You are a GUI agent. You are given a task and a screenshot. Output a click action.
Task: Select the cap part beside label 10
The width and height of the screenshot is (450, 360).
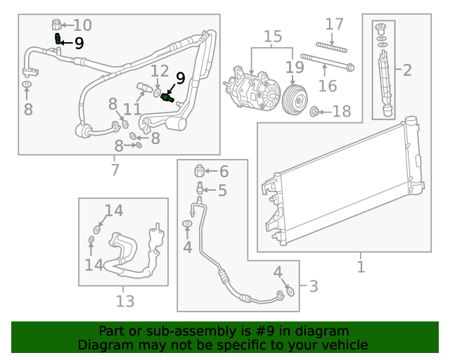[x=58, y=26]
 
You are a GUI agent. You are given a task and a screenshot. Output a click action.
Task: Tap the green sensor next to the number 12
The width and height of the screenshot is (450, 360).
[x=167, y=98]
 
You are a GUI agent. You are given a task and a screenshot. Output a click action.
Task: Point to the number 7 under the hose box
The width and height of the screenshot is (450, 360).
[x=115, y=169]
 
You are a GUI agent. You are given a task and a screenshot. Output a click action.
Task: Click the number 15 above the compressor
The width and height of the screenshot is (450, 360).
[x=272, y=36]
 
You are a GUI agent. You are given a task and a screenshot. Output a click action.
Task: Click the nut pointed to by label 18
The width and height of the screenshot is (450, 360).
[x=315, y=111]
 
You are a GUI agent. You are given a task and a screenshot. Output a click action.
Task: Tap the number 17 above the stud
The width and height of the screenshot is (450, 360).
[x=334, y=25]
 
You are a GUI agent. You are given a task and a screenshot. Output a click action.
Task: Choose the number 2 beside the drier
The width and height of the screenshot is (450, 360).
[x=407, y=69]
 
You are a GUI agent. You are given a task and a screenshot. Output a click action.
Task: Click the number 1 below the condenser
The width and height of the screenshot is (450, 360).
[x=361, y=267]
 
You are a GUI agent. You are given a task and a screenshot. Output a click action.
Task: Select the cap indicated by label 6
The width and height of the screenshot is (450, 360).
[x=200, y=171]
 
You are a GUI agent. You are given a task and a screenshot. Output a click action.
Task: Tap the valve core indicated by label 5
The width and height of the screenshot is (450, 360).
[x=200, y=189]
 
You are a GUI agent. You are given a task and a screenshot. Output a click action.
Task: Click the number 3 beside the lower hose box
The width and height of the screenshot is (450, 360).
[x=313, y=286]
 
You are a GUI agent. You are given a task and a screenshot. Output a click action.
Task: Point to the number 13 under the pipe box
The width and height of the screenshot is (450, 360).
[x=124, y=301]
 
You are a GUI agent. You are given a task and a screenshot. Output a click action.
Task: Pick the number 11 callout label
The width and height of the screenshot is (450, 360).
[x=132, y=109]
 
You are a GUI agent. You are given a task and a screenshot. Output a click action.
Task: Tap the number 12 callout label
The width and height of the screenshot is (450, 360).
[x=160, y=71]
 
